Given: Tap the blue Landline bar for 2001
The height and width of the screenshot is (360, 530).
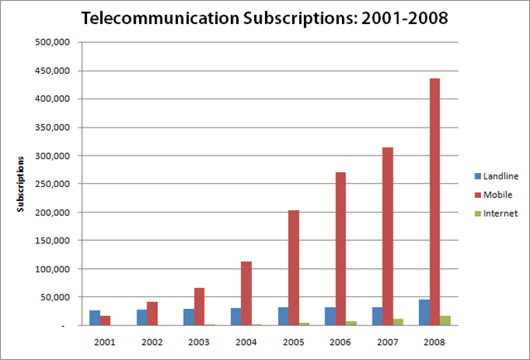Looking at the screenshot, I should (94, 318).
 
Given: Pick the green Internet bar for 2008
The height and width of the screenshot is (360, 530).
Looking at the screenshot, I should (446, 320).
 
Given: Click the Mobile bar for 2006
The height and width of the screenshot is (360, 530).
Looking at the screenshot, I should (341, 248).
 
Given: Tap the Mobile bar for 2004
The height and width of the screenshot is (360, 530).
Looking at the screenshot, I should (247, 293).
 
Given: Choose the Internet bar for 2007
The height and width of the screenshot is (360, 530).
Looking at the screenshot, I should (398, 322).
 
